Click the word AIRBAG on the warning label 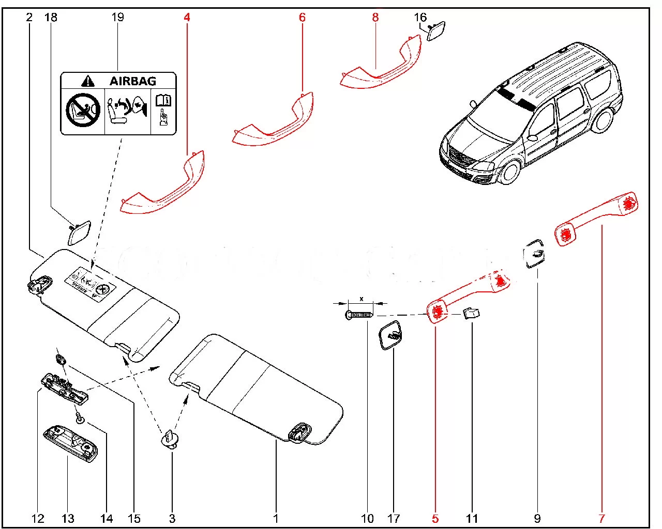132,81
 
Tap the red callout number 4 187,18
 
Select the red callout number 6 302,18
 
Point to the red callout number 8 375,18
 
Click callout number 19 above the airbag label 118,17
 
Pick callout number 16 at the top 420,18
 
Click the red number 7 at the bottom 602,518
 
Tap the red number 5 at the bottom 435,518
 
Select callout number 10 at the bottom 367,518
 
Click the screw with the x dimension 359,314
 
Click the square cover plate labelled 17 391,335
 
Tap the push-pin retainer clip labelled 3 171,441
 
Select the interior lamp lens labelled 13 70,442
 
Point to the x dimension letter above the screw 362,299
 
